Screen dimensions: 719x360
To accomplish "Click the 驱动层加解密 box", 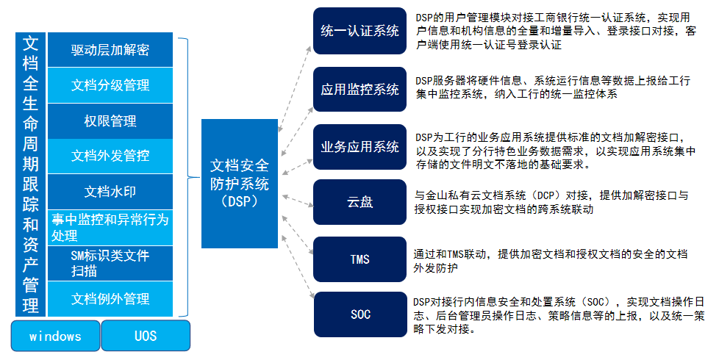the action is [x=110, y=49].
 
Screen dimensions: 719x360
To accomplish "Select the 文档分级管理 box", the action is [x=110, y=85].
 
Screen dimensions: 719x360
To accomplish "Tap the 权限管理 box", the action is [x=110, y=121].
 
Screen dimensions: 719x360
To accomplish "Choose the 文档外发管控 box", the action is [x=110, y=156].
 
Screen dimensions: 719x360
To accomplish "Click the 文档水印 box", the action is [x=110, y=192].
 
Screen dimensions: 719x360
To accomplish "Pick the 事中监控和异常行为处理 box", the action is [x=110, y=227].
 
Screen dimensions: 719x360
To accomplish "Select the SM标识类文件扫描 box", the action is [x=110, y=263].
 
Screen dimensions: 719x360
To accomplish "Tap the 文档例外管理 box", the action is [x=110, y=298].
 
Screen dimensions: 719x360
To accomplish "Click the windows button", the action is [x=55, y=336].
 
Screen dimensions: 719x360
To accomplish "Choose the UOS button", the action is [x=146, y=336].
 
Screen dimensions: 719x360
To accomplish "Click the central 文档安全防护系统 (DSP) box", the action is [x=240, y=183].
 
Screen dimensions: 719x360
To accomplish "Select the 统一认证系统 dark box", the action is [x=359, y=31].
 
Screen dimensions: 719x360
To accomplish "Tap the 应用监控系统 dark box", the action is [x=359, y=90].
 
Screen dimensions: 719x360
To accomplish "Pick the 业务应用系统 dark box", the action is [x=359, y=146].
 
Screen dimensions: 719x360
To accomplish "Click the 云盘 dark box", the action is [x=359, y=202].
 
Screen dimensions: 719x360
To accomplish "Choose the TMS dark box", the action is [x=359, y=259].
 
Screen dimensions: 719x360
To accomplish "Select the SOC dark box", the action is [x=360, y=314].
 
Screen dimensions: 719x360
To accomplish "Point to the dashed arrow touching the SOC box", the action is [x=298, y=267].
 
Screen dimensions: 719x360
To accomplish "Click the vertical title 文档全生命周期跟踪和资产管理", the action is [x=30, y=175].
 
